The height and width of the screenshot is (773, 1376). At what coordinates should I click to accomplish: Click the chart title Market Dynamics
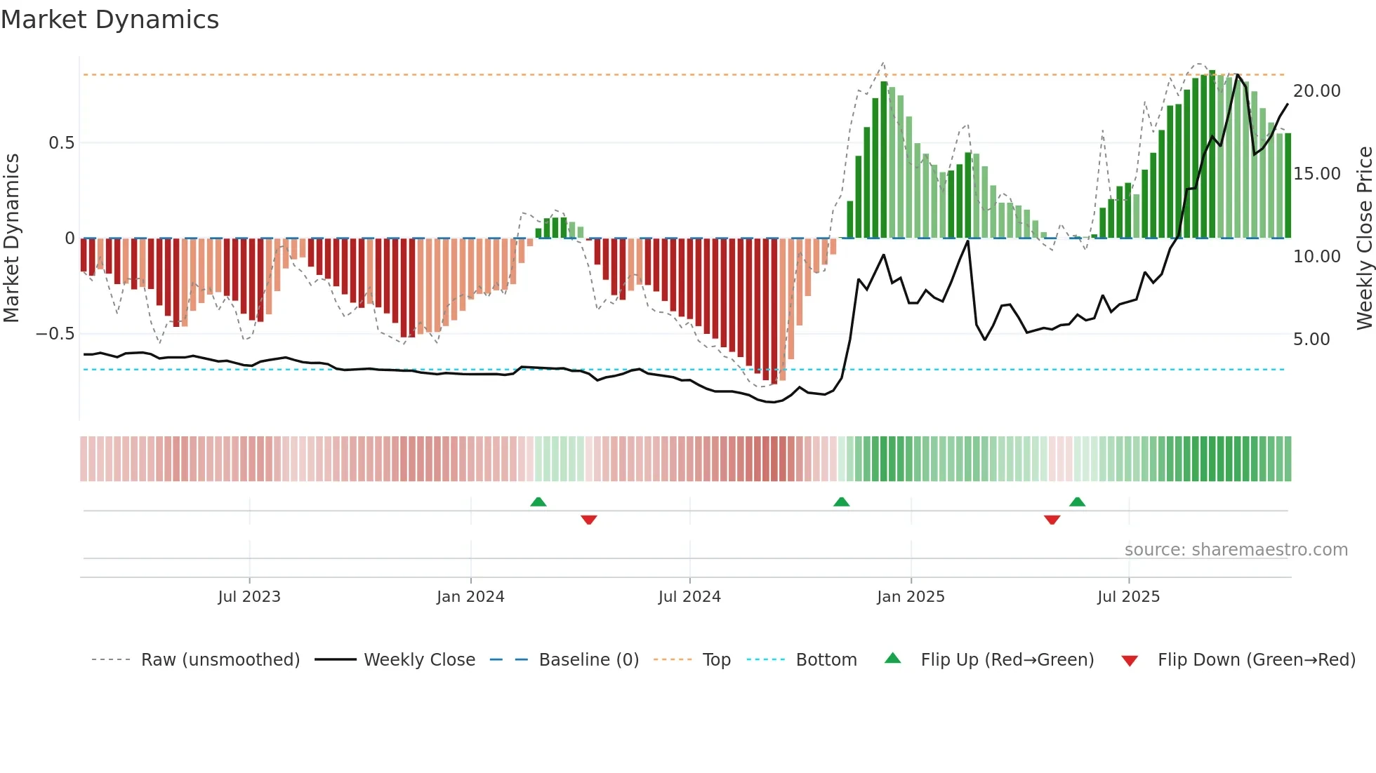click(110, 20)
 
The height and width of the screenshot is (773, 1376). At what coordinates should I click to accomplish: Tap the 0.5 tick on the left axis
click(61, 143)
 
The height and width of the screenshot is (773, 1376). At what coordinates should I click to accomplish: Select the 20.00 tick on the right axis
click(1316, 91)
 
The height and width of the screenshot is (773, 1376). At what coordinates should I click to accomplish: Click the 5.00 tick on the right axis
click(1311, 340)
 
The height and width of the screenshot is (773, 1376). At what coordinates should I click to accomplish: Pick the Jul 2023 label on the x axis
click(249, 597)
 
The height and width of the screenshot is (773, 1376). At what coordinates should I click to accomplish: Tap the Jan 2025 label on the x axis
click(911, 597)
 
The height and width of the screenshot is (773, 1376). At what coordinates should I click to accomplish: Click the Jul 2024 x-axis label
click(689, 597)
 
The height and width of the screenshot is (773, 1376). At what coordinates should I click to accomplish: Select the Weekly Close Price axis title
click(1364, 238)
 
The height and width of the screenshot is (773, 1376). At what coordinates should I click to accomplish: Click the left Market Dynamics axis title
click(11, 238)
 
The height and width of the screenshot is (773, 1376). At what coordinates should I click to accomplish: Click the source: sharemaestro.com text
click(1236, 550)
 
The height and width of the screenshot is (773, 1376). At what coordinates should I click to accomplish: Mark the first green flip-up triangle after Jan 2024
click(538, 502)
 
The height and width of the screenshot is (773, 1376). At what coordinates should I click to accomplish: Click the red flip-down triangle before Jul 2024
click(589, 520)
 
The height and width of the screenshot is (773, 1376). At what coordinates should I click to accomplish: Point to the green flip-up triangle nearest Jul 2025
click(1077, 502)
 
